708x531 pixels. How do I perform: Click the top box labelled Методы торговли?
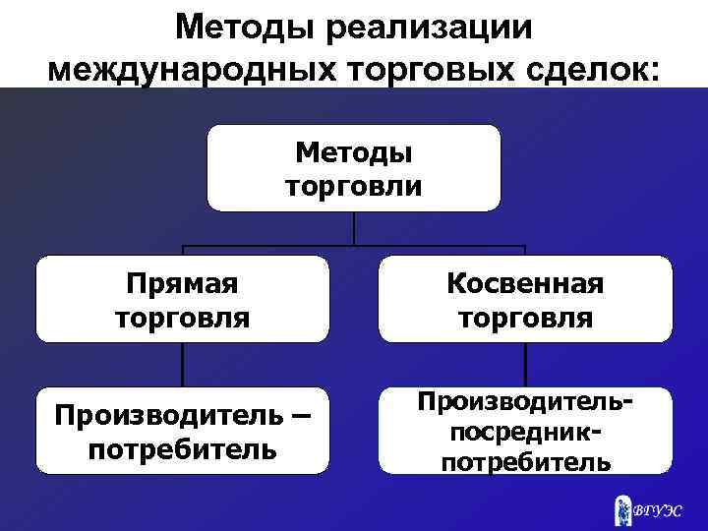click(x=354, y=168)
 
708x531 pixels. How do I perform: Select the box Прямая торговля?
click(x=182, y=299)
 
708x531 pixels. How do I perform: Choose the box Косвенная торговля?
click(x=525, y=299)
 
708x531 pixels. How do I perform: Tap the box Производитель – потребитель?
click(x=182, y=431)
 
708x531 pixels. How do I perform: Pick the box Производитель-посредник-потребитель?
click(x=525, y=431)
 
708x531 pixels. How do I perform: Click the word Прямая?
click(x=182, y=283)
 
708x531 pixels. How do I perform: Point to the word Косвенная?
click(x=525, y=283)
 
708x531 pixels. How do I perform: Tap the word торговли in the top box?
click(x=354, y=186)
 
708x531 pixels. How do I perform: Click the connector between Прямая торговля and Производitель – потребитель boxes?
click(x=182, y=365)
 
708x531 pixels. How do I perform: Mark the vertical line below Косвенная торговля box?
click(x=525, y=365)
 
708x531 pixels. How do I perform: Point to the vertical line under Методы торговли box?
click(x=354, y=228)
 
